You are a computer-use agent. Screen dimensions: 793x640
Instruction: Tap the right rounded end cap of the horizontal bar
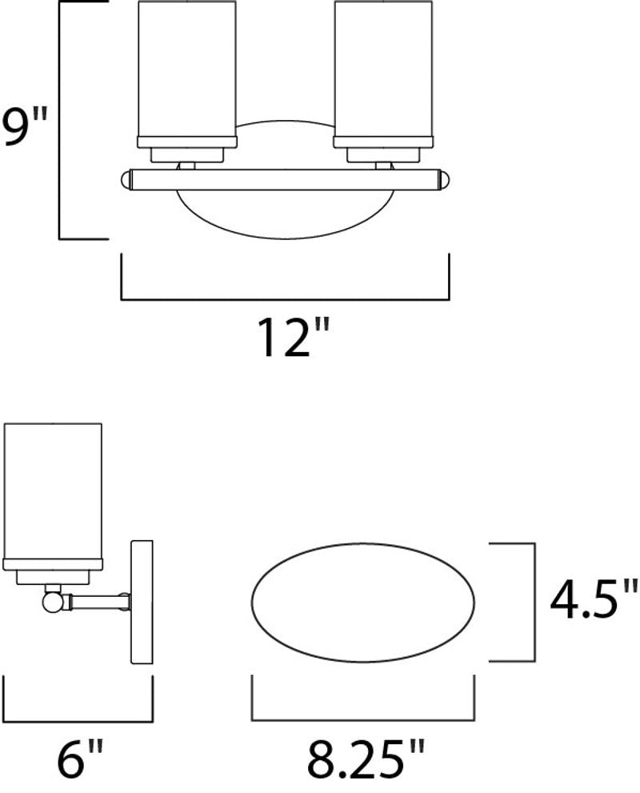(x=445, y=179)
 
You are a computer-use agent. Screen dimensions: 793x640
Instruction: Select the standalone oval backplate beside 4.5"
(x=364, y=603)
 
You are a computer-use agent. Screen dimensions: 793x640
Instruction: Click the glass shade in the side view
(x=53, y=492)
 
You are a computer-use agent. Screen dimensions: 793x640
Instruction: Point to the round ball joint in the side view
(x=53, y=599)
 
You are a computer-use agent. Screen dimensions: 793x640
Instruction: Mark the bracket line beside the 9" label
(x=61, y=120)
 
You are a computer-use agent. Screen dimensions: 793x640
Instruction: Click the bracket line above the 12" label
(x=285, y=300)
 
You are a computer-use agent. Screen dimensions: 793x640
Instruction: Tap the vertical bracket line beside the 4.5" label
(x=534, y=602)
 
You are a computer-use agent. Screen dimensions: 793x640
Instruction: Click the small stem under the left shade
(x=187, y=165)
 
